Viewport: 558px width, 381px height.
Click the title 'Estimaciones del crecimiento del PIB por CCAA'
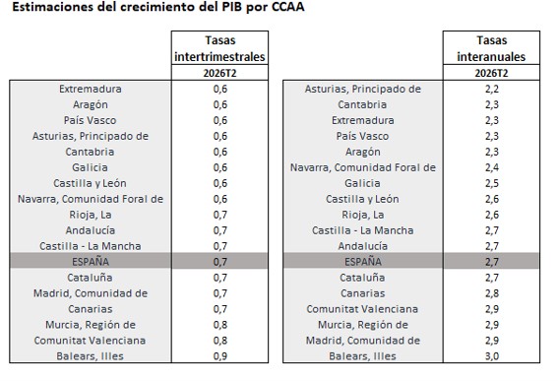coord(158,7)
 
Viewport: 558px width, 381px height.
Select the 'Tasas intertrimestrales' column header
coord(219,48)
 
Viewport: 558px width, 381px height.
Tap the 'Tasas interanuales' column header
coord(491,48)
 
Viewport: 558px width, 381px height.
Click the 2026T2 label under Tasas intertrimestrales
coord(219,73)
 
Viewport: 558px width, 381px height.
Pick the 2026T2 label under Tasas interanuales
coord(491,73)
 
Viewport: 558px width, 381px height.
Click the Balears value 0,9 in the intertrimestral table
coord(220,356)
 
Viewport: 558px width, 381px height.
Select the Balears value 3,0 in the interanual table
coord(492,356)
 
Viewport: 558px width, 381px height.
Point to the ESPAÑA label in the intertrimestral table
coord(91,262)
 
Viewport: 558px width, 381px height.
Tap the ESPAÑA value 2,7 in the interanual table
coord(492,262)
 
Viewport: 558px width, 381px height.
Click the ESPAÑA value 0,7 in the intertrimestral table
coord(220,262)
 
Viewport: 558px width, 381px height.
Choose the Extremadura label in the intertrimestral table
coord(91,89)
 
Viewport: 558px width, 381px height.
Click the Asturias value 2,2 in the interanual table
coord(492,89)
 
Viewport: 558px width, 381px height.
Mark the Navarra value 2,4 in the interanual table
coord(492,167)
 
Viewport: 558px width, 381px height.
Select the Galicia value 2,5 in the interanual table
coord(492,183)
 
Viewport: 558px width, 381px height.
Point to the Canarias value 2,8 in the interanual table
coord(492,293)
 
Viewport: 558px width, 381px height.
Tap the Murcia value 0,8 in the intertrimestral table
coord(220,325)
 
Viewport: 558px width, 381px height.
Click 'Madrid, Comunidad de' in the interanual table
coord(362,341)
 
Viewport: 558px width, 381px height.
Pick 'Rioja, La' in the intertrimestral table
coord(91,215)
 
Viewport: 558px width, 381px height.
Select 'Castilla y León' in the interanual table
coord(362,199)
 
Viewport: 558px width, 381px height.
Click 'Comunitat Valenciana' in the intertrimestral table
coord(90,341)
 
